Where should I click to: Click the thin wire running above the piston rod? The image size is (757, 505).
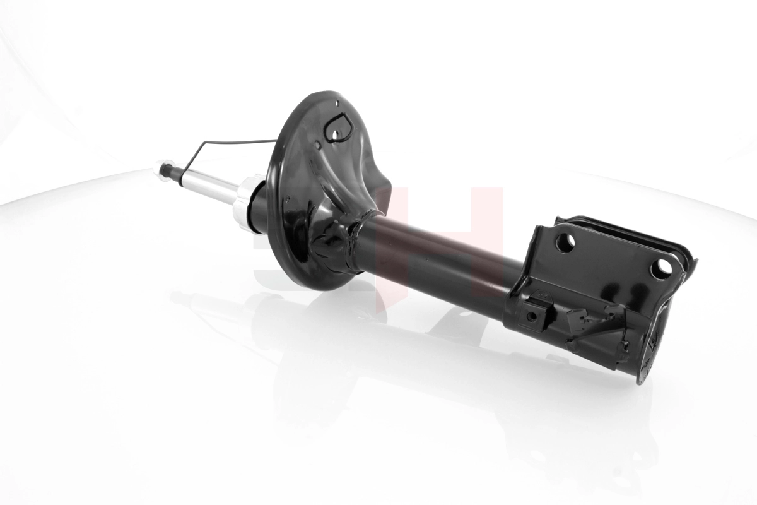(x=240, y=141)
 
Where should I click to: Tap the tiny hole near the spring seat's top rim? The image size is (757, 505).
(x=337, y=105)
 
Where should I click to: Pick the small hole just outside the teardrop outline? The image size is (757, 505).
(x=318, y=146)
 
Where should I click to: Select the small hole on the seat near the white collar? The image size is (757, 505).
(x=288, y=201)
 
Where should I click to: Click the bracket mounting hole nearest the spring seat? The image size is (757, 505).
(x=565, y=242)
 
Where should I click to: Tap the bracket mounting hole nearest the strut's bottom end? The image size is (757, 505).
(x=660, y=269)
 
